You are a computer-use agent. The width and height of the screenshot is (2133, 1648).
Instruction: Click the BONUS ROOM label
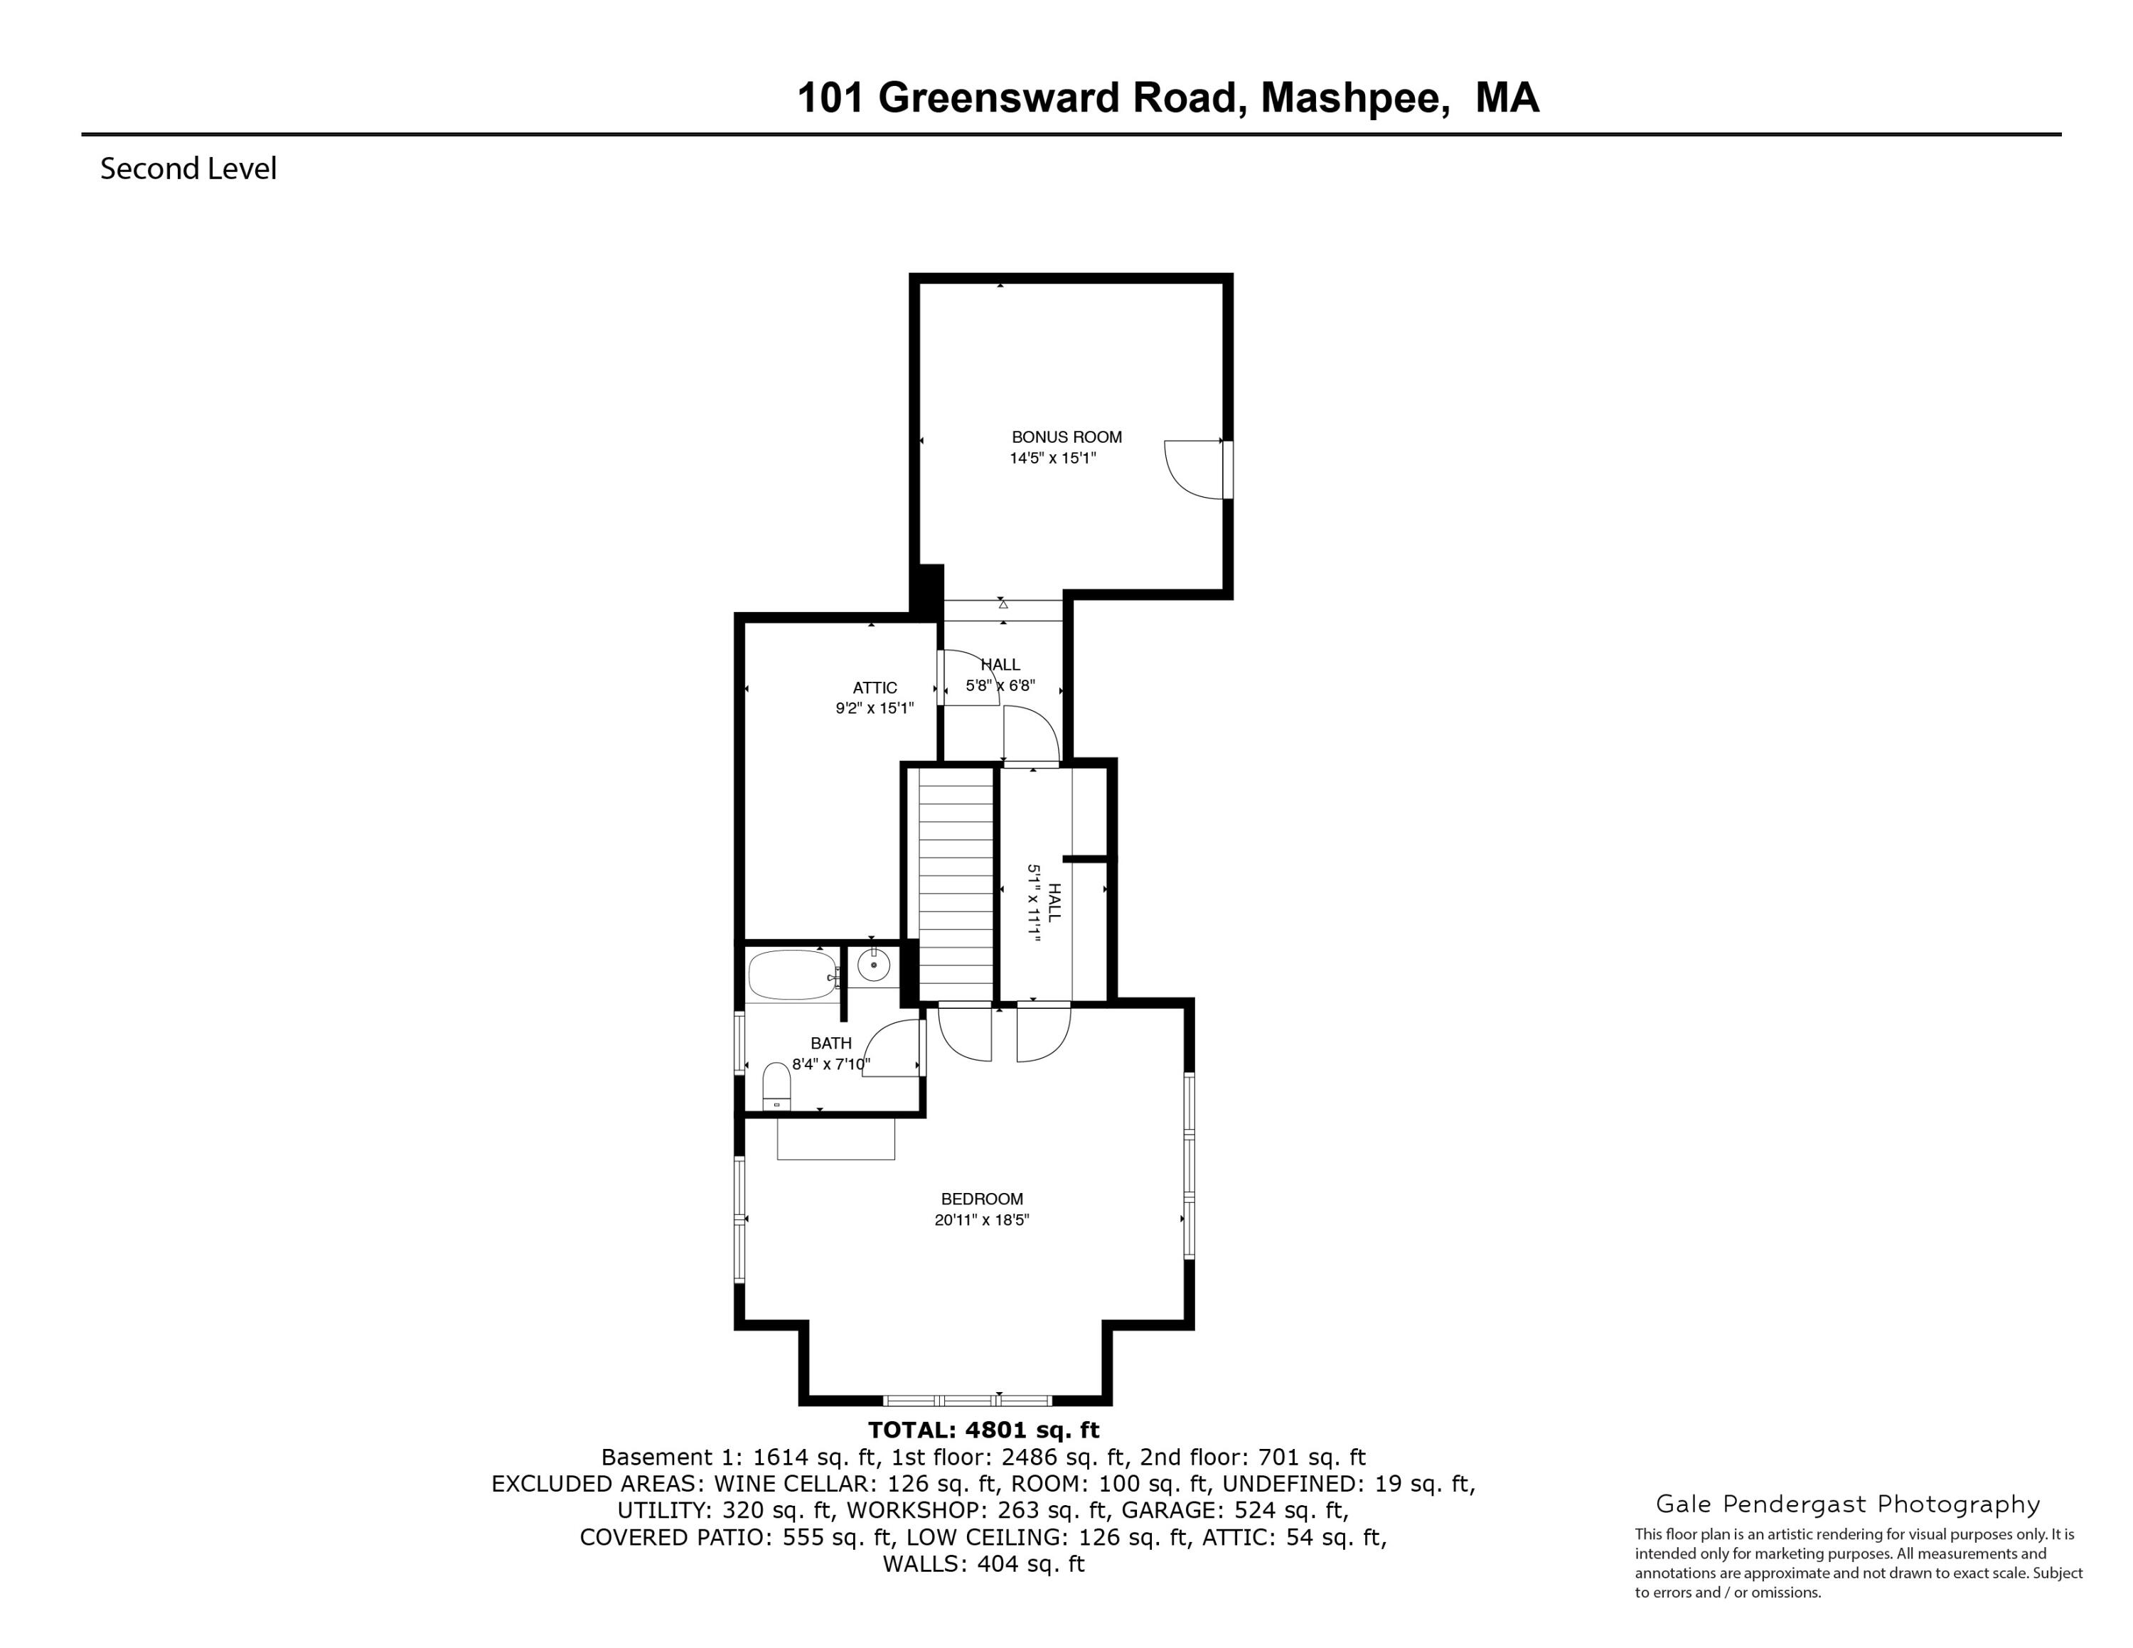coord(1066,437)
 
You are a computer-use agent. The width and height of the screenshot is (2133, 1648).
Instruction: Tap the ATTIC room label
coord(874,687)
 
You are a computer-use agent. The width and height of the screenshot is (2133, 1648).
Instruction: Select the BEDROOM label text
coord(981,1199)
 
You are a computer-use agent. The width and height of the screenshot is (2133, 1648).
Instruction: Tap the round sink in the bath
coord(873,966)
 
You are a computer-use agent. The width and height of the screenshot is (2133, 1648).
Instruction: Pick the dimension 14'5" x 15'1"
coord(1053,458)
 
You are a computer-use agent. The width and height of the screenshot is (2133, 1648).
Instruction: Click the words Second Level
coord(188,169)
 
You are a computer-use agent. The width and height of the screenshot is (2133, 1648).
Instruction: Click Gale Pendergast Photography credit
coord(1848,1504)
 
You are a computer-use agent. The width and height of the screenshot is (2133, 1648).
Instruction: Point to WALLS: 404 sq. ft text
coord(983,1564)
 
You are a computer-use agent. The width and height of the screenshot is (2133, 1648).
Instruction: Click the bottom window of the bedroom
coord(967,1400)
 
